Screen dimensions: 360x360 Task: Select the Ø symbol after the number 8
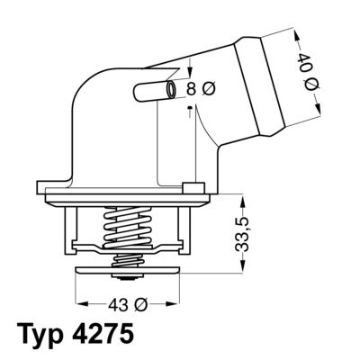click(x=209, y=88)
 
